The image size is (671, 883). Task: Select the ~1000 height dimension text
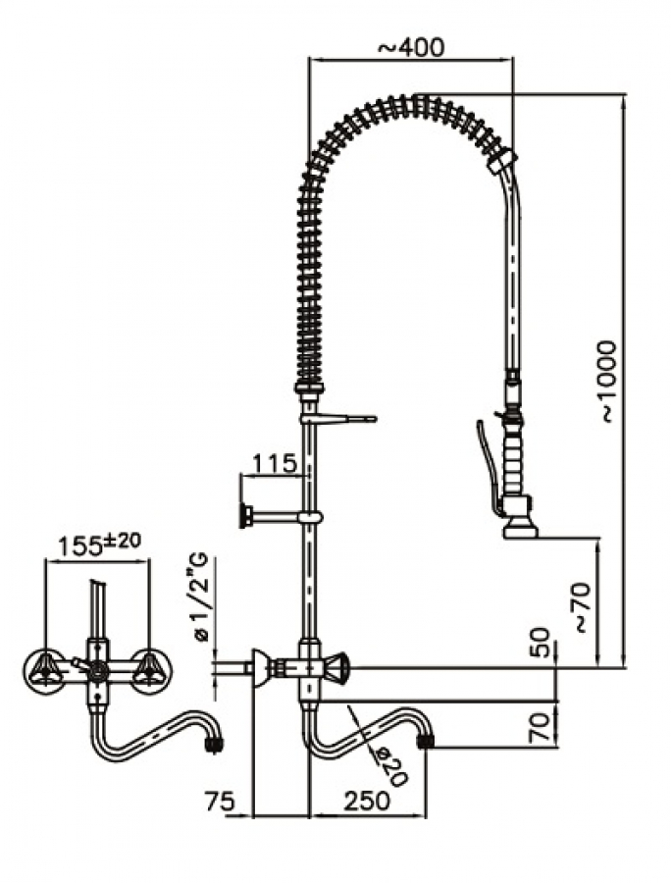(x=608, y=381)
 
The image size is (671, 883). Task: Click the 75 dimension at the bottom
(x=221, y=800)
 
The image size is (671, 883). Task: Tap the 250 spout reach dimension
(x=367, y=800)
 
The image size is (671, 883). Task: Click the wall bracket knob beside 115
(x=244, y=515)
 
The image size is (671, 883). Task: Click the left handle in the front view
(x=43, y=671)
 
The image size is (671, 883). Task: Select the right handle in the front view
(x=150, y=671)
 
